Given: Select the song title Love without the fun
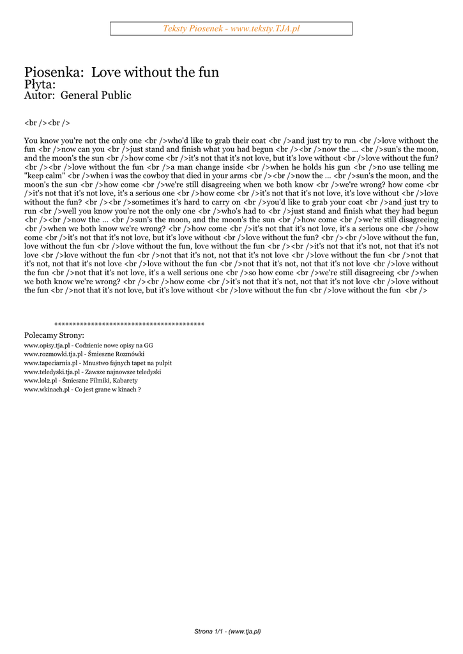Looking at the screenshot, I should click(x=155, y=72).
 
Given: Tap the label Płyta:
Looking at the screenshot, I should click(x=40, y=84).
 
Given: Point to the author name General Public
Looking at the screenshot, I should click(x=96, y=96).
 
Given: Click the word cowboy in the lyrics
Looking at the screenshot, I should click(x=148, y=176).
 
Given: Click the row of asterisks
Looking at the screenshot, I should click(x=129, y=324).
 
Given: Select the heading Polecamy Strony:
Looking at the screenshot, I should click(x=54, y=335).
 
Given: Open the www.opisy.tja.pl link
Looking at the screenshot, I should click(x=47, y=345).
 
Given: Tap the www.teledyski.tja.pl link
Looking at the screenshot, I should click(x=52, y=372).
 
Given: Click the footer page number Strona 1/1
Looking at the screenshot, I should click(x=211, y=632).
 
